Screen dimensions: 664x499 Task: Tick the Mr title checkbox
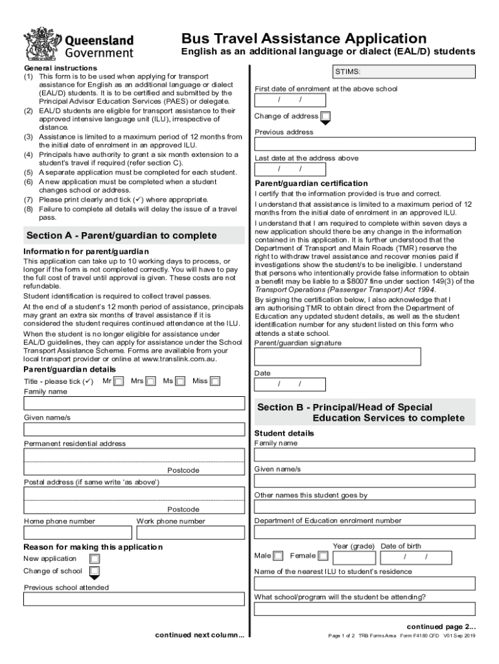tap(119, 381)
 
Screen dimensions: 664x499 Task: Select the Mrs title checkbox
tap(150, 381)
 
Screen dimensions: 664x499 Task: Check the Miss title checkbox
tap(215, 381)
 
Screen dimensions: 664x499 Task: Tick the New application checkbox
tap(95, 558)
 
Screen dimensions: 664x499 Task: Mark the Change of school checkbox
tap(95, 571)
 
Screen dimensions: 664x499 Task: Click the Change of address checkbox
tap(326, 117)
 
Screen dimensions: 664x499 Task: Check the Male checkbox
tap(278, 556)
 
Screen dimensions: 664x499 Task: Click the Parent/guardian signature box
tap(337, 357)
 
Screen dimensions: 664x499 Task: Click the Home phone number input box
tap(78, 532)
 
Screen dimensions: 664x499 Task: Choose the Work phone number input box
tap(190, 532)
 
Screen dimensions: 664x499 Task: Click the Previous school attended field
tap(133, 599)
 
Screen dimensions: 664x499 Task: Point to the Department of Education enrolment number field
tap(364, 532)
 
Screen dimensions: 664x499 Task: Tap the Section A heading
tap(122, 235)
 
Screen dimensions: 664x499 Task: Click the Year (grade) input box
tap(353, 557)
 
